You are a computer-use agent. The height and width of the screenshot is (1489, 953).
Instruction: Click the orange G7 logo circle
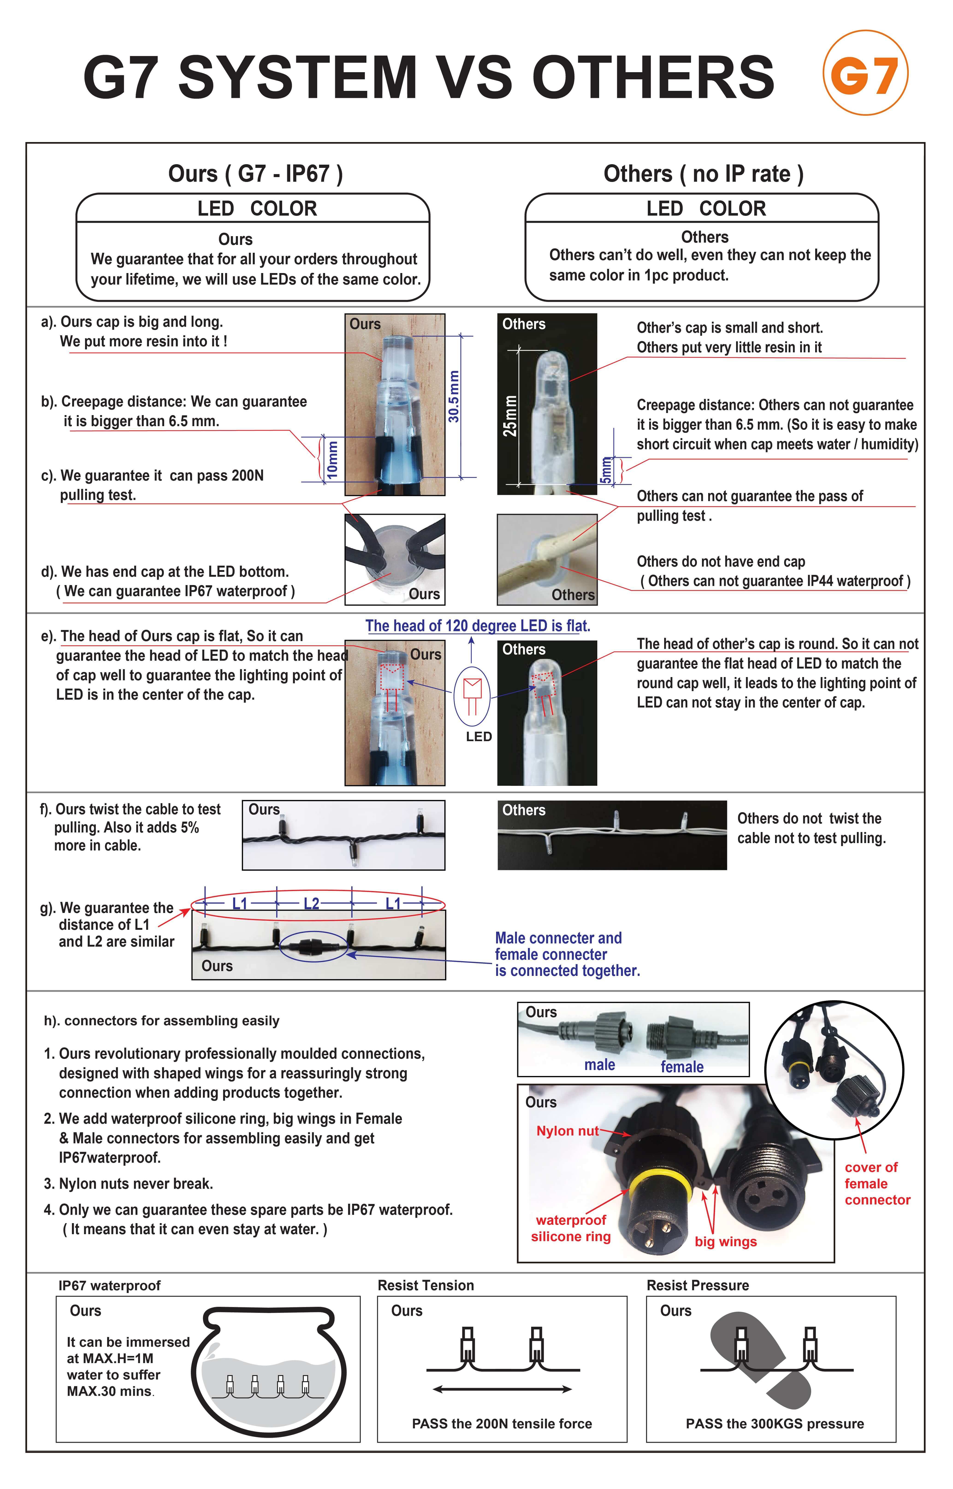pyautogui.click(x=865, y=73)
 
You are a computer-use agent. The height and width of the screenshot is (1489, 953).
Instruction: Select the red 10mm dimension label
pyautogui.click(x=332, y=459)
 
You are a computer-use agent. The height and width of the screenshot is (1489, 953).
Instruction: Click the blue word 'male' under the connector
pyautogui.click(x=600, y=1064)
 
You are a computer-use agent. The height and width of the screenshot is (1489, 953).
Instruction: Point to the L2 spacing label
pyautogui.click(x=311, y=904)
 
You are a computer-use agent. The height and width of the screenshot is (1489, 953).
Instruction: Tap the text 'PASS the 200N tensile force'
pyautogui.click(x=502, y=1424)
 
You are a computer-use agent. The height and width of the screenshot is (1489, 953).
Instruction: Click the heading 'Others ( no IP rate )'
pyautogui.click(x=704, y=174)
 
